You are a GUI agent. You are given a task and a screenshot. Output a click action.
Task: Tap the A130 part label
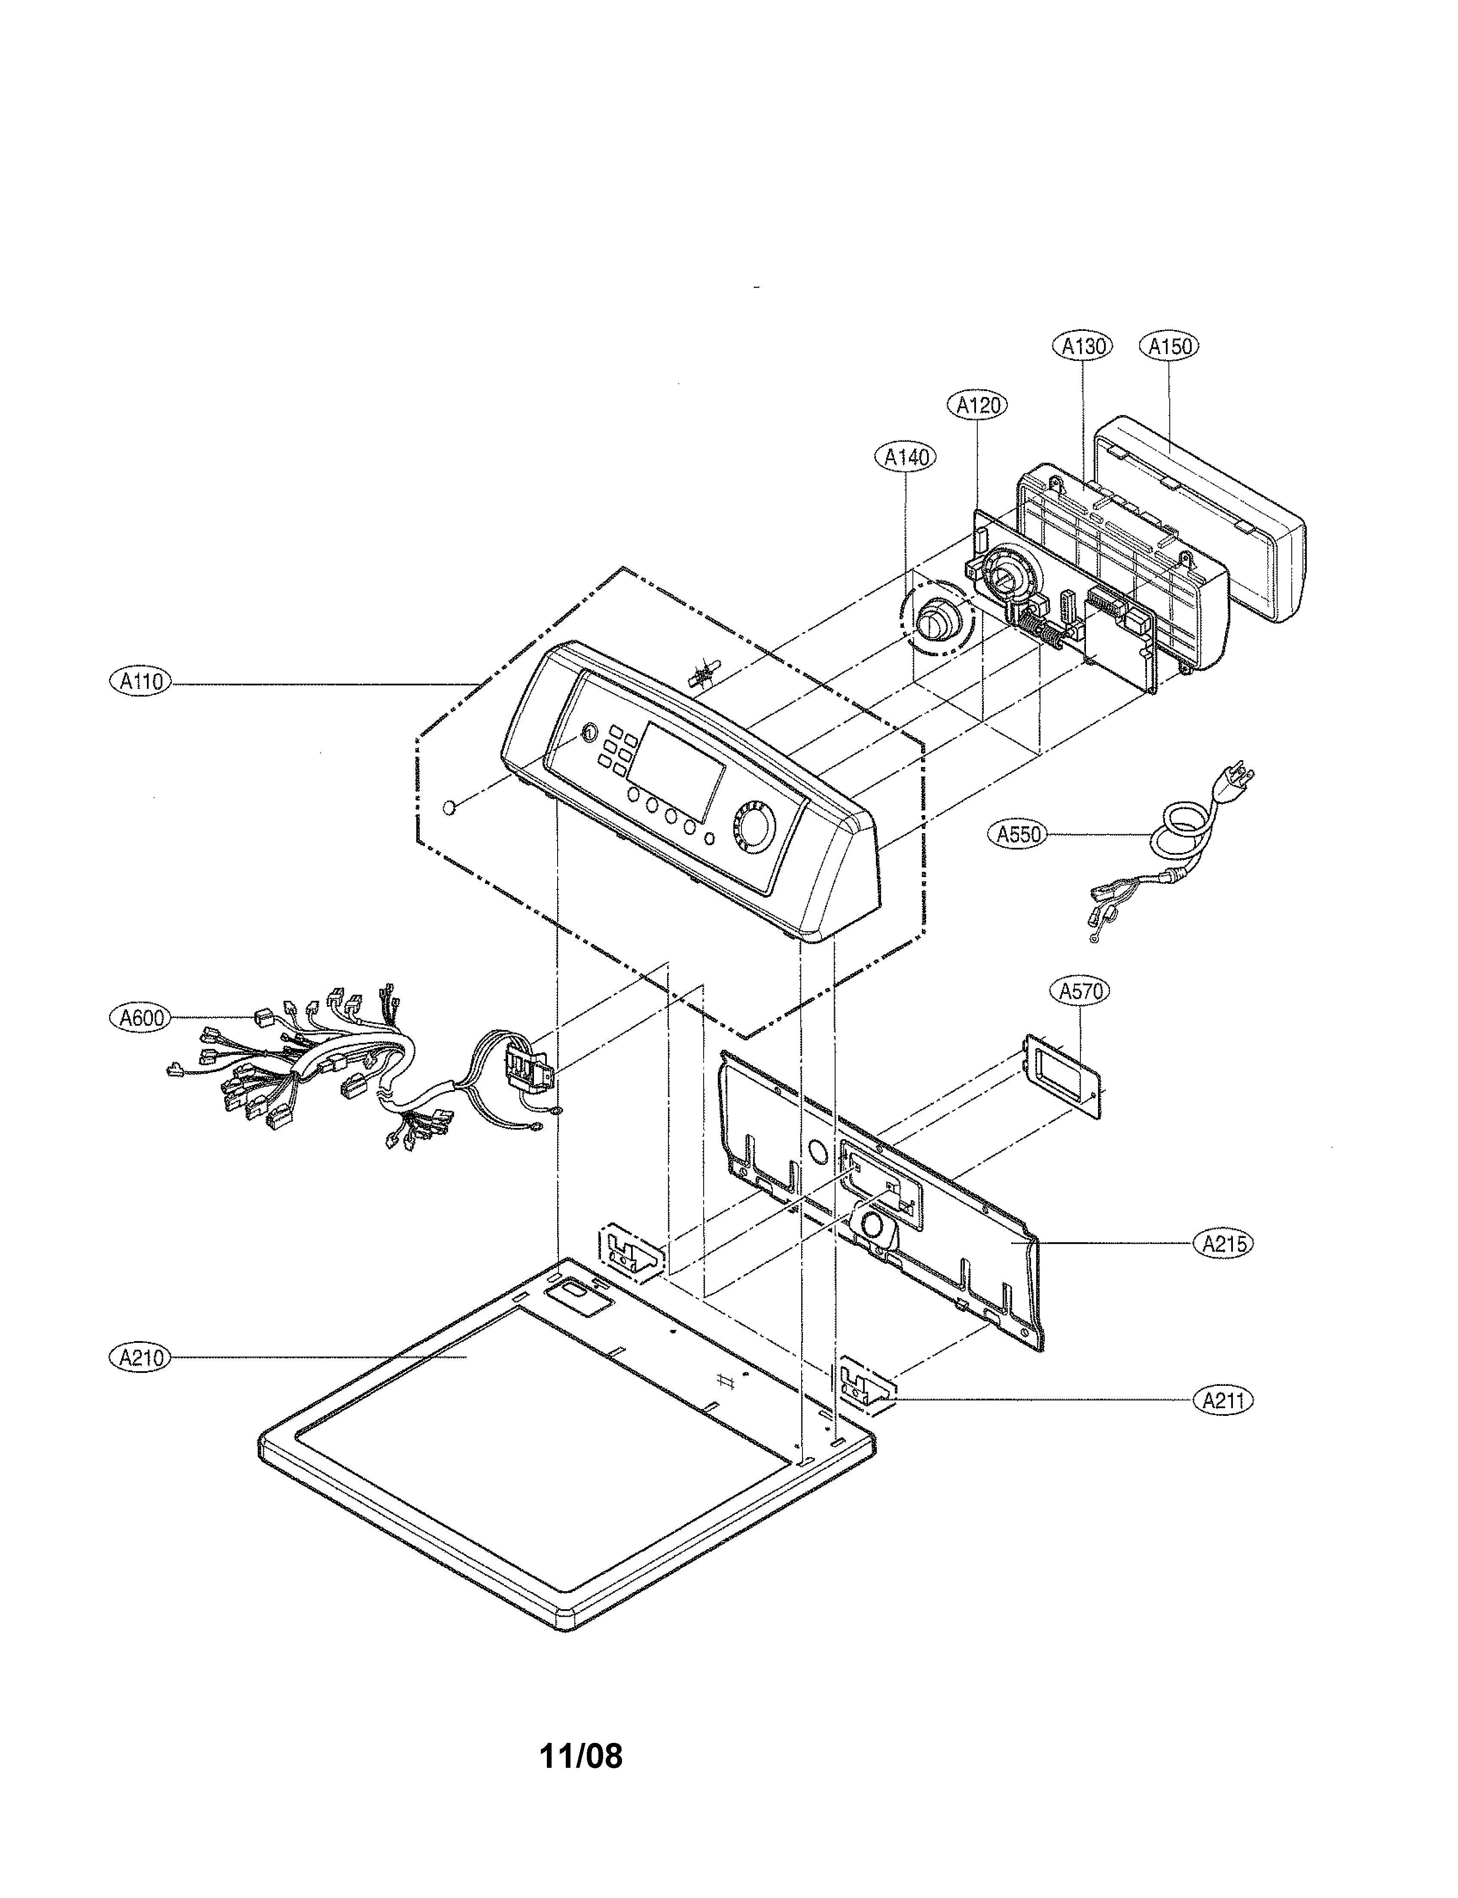point(1084,346)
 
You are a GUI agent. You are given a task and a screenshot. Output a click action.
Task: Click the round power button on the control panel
point(588,734)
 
